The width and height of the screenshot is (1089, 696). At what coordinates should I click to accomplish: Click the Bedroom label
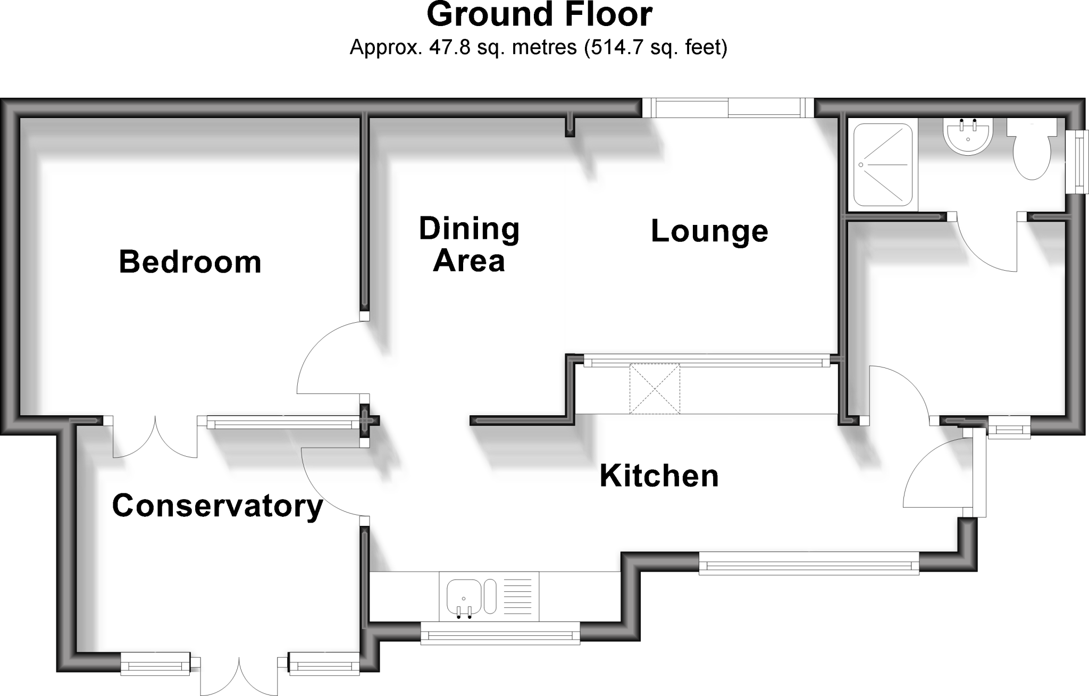click(x=190, y=263)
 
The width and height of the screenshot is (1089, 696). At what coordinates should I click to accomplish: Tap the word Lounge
click(x=709, y=231)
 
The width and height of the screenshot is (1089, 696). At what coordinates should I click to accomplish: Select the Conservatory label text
click(x=217, y=506)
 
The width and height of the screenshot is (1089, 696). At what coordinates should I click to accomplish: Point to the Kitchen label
click(x=659, y=476)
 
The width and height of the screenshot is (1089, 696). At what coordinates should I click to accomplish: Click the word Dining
click(x=469, y=229)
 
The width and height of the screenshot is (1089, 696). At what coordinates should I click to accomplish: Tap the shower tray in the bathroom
click(x=883, y=165)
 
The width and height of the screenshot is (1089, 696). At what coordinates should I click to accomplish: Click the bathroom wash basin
click(x=968, y=136)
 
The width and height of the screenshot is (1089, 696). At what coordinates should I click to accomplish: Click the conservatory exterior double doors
click(x=239, y=675)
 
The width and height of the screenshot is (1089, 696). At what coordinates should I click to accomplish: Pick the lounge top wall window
click(x=728, y=108)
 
